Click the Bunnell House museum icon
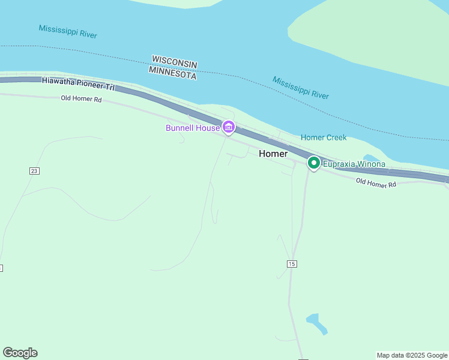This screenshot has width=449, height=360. coord(228,127)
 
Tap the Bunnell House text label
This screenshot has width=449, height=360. coord(193,128)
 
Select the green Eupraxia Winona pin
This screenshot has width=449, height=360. coord(313,163)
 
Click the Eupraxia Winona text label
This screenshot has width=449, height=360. coord(354,164)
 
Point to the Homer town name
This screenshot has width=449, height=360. coord(273,154)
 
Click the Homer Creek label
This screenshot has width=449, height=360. coord(324,137)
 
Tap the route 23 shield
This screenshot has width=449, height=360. coord(34,171)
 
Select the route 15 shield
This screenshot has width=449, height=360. coord(292,264)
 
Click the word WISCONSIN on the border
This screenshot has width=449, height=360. coord(175,62)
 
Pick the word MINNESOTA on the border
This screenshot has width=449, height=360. coord(172,73)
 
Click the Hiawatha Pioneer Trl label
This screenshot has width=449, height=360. coord(77,83)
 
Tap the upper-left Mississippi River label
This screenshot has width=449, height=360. coord(68,32)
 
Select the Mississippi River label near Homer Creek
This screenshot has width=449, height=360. coord(301,88)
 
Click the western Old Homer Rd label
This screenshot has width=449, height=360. coord(81,98)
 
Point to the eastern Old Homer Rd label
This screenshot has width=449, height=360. coord(376,183)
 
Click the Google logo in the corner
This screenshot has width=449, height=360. coord(20,353)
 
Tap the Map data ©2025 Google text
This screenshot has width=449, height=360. coord(412,355)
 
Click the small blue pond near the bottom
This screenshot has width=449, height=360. coord(317,323)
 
